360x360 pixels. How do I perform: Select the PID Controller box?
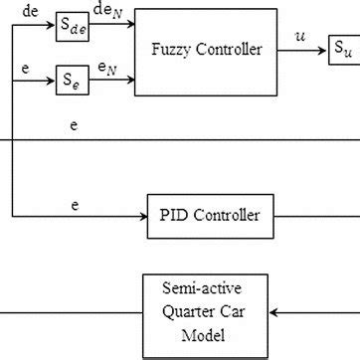[209, 214]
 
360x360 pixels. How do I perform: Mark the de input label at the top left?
[30, 13]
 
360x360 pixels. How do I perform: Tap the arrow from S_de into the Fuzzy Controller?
[113, 27]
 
